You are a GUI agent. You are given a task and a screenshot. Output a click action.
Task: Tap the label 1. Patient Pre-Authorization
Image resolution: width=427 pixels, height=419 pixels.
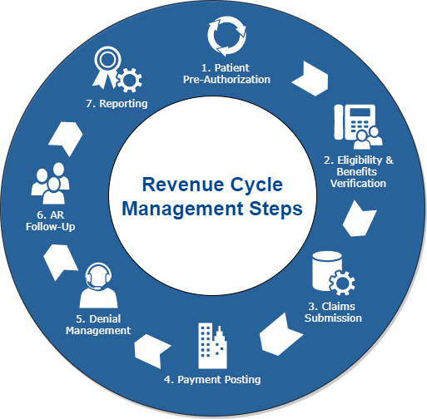[226, 74]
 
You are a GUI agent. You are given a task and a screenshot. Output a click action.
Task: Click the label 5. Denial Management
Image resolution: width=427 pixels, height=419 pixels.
[98, 323]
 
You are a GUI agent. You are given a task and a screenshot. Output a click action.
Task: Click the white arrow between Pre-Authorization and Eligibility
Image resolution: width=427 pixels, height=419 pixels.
[312, 76]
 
